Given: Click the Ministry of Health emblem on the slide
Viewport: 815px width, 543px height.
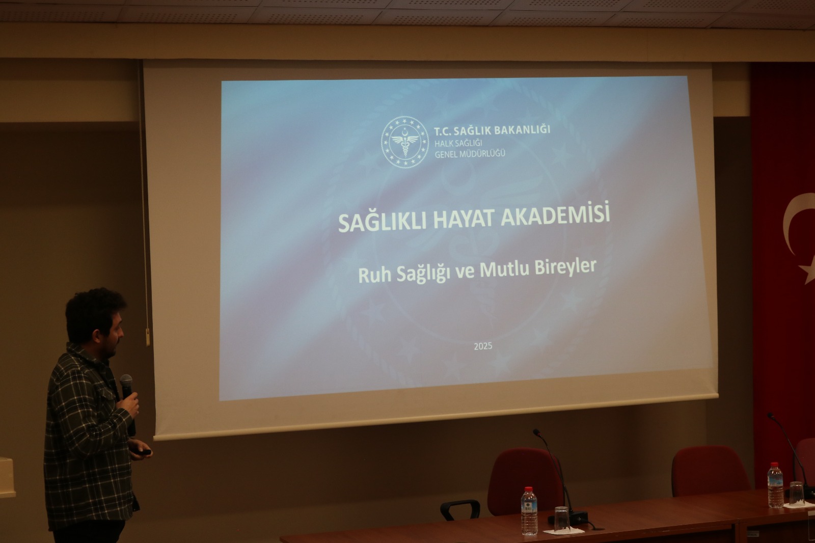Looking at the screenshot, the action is (x=404, y=142).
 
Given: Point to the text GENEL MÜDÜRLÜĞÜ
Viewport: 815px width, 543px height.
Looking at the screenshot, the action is (x=470, y=154).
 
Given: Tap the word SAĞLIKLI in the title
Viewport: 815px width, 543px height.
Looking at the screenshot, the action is (x=382, y=222).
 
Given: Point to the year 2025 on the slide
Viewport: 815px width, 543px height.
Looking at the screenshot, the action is (x=483, y=346).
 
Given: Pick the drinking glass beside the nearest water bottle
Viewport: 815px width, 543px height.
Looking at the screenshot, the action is (x=562, y=520).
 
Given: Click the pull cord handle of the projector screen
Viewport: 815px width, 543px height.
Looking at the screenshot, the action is (x=148, y=337).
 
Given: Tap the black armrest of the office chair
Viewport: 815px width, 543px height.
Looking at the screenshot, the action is (x=460, y=509).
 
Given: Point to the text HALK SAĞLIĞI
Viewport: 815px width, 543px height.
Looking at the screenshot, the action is (x=458, y=144).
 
